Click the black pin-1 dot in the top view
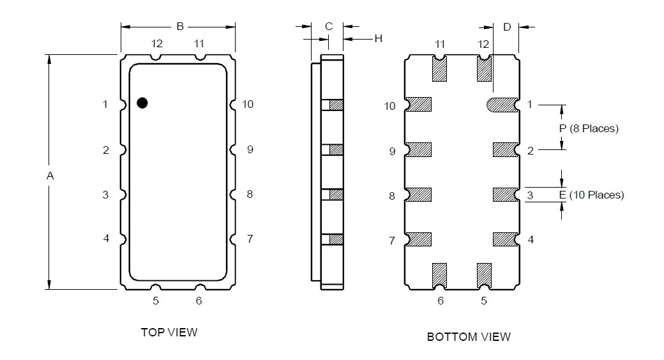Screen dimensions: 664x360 [x=142, y=103]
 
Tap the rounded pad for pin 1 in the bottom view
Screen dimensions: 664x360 [x=502, y=105]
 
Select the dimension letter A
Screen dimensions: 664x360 [x=50, y=176]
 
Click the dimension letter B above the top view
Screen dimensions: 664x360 [x=180, y=27]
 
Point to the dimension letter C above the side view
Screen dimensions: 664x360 [x=329, y=27]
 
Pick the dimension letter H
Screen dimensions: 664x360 [x=378, y=38]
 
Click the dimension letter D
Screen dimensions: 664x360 [x=507, y=27]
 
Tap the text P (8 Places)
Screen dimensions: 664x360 [x=589, y=128]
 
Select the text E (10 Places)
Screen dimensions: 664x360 [x=592, y=195]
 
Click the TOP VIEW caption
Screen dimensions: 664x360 [x=169, y=333]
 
